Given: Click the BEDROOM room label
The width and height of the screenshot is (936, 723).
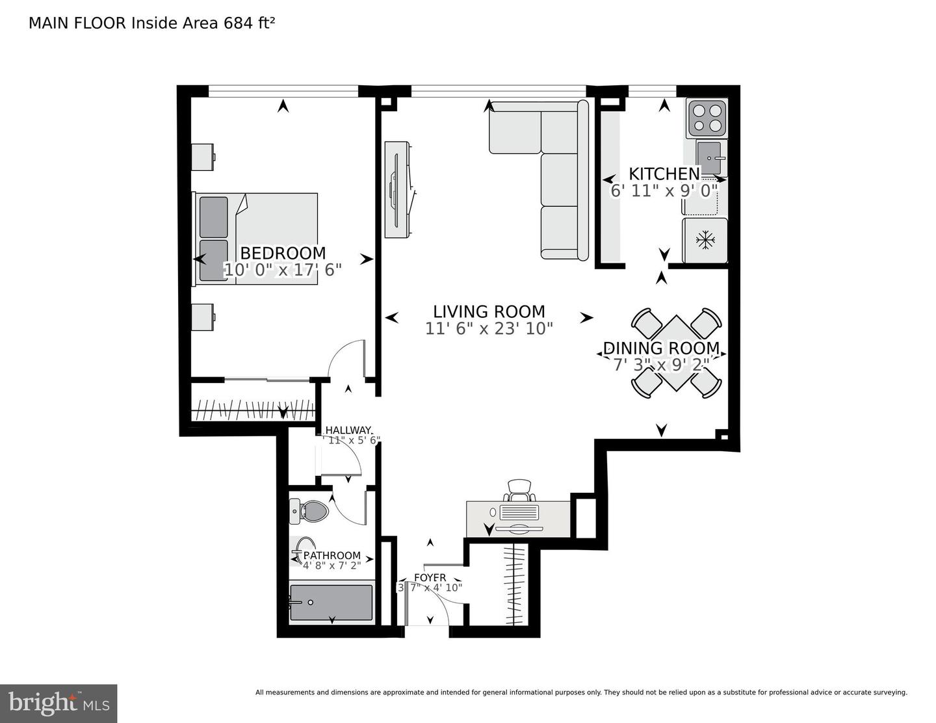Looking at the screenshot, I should click(283, 253).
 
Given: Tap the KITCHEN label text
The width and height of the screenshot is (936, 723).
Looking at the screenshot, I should click(664, 174).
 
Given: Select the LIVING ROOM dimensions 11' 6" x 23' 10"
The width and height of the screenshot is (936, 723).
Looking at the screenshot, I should click(489, 329).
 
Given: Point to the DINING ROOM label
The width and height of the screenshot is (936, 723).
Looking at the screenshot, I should click(661, 348).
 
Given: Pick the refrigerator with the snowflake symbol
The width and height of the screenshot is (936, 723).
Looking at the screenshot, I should click(705, 241).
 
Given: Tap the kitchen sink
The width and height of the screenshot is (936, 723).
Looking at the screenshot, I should click(710, 154).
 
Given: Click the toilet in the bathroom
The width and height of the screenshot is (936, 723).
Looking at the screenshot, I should click(309, 512).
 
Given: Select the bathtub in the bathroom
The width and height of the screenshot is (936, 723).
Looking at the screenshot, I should click(331, 603).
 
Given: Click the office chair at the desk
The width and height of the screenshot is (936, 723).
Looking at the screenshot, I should click(520, 490).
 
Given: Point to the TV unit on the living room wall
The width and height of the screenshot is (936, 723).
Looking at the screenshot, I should click(398, 189).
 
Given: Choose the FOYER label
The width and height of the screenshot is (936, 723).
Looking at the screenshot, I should click(430, 577).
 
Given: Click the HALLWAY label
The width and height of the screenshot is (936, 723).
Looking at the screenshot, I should click(348, 430).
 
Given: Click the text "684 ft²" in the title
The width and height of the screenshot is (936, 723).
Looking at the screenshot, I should click(249, 23).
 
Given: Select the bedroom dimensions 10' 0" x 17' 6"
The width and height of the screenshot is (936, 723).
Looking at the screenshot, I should click(283, 270).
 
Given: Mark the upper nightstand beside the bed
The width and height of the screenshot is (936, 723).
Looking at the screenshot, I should click(203, 157).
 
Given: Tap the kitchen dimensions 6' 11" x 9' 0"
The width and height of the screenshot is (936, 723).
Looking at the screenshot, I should click(664, 191).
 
